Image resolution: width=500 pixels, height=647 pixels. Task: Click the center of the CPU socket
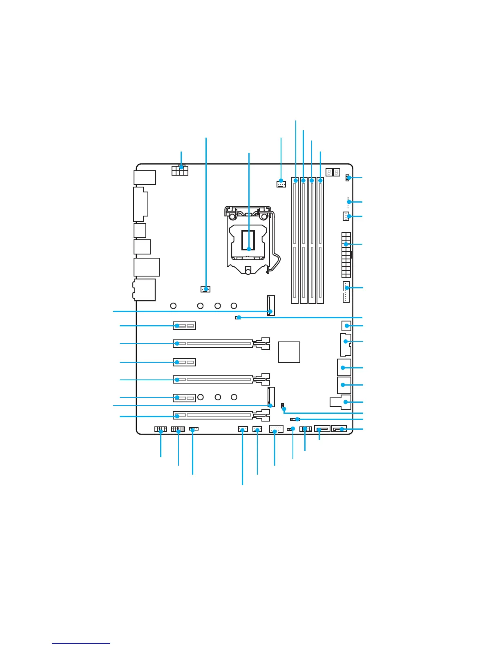pyautogui.click(x=248, y=241)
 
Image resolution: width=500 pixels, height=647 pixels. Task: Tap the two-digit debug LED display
pyautogui.click(x=333, y=172)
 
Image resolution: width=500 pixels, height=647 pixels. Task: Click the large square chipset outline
pyautogui.click(x=289, y=352)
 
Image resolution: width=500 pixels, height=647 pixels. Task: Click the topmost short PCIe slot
pyautogui.click(x=184, y=326)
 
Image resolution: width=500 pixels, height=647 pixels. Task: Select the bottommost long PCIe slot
pyautogui.click(x=221, y=416)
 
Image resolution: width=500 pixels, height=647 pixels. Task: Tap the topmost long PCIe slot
pyautogui.click(x=221, y=344)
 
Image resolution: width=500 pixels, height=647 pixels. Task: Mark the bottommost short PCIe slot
pyautogui.click(x=184, y=397)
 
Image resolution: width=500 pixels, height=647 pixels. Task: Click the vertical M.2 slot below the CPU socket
pyautogui.click(x=271, y=306)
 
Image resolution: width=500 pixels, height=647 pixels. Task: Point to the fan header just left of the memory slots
pyautogui.click(x=281, y=183)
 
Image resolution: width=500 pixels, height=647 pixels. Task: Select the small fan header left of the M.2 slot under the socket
pyautogui.click(x=205, y=289)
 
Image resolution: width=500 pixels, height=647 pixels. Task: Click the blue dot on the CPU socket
pyautogui.click(x=249, y=248)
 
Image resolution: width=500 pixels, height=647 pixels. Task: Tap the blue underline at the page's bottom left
pyautogui.click(x=81, y=643)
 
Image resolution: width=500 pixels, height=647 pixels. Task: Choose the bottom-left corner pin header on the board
pyautogui.click(x=161, y=429)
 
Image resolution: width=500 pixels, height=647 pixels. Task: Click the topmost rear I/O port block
pyautogui.click(x=145, y=178)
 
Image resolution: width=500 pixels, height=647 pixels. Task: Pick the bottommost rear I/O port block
pyautogui.click(x=144, y=290)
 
